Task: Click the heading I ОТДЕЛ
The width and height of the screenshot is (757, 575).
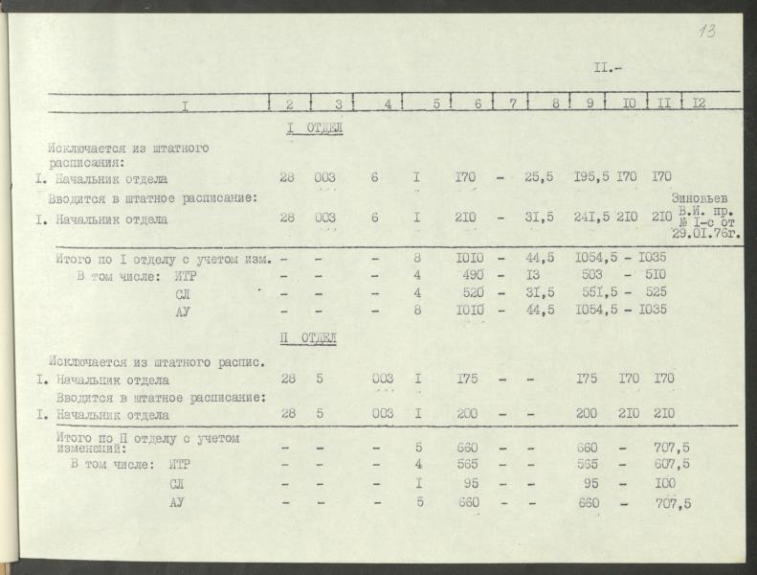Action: [x=314, y=127]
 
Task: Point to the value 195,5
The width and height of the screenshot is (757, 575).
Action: [x=592, y=178]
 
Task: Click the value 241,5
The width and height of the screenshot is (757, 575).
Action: [x=592, y=218]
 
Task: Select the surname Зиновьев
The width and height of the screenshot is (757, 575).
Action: [x=706, y=198]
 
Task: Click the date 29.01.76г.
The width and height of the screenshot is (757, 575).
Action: [x=708, y=233]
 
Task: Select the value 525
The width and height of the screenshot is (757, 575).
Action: [x=656, y=292]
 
